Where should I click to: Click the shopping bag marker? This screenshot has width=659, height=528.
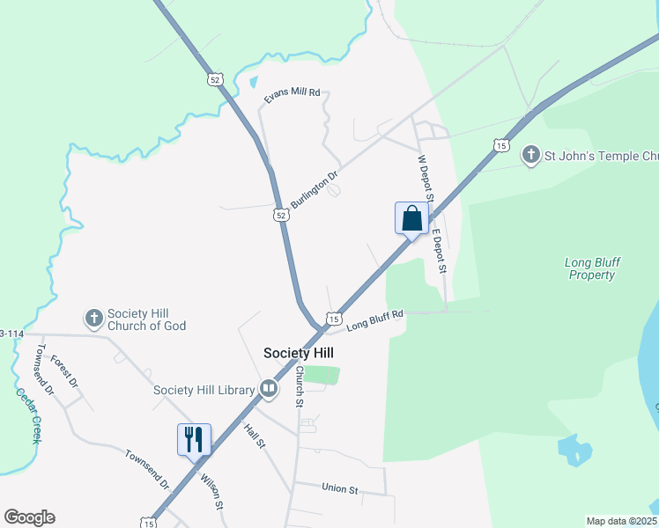(x=411, y=218)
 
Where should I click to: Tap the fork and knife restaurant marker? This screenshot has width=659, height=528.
(x=194, y=438)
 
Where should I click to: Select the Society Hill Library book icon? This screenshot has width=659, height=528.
(x=269, y=389)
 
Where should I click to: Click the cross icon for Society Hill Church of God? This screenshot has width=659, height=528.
(x=94, y=317)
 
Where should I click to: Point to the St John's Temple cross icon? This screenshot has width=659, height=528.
(x=530, y=156)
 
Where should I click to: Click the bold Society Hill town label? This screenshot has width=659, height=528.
(x=299, y=353)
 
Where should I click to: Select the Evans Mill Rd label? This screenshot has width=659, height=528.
(x=292, y=97)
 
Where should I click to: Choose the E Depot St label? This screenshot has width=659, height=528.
(x=439, y=252)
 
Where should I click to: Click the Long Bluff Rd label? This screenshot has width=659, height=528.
(x=374, y=321)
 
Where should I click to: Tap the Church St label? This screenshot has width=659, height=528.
(x=300, y=386)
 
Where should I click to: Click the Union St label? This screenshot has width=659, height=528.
(x=339, y=488)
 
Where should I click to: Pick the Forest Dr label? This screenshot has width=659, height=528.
(x=64, y=371)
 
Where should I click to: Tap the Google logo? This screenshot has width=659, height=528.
(x=29, y=517)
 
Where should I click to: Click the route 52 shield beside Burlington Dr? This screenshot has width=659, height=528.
(x=278, y=214)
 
